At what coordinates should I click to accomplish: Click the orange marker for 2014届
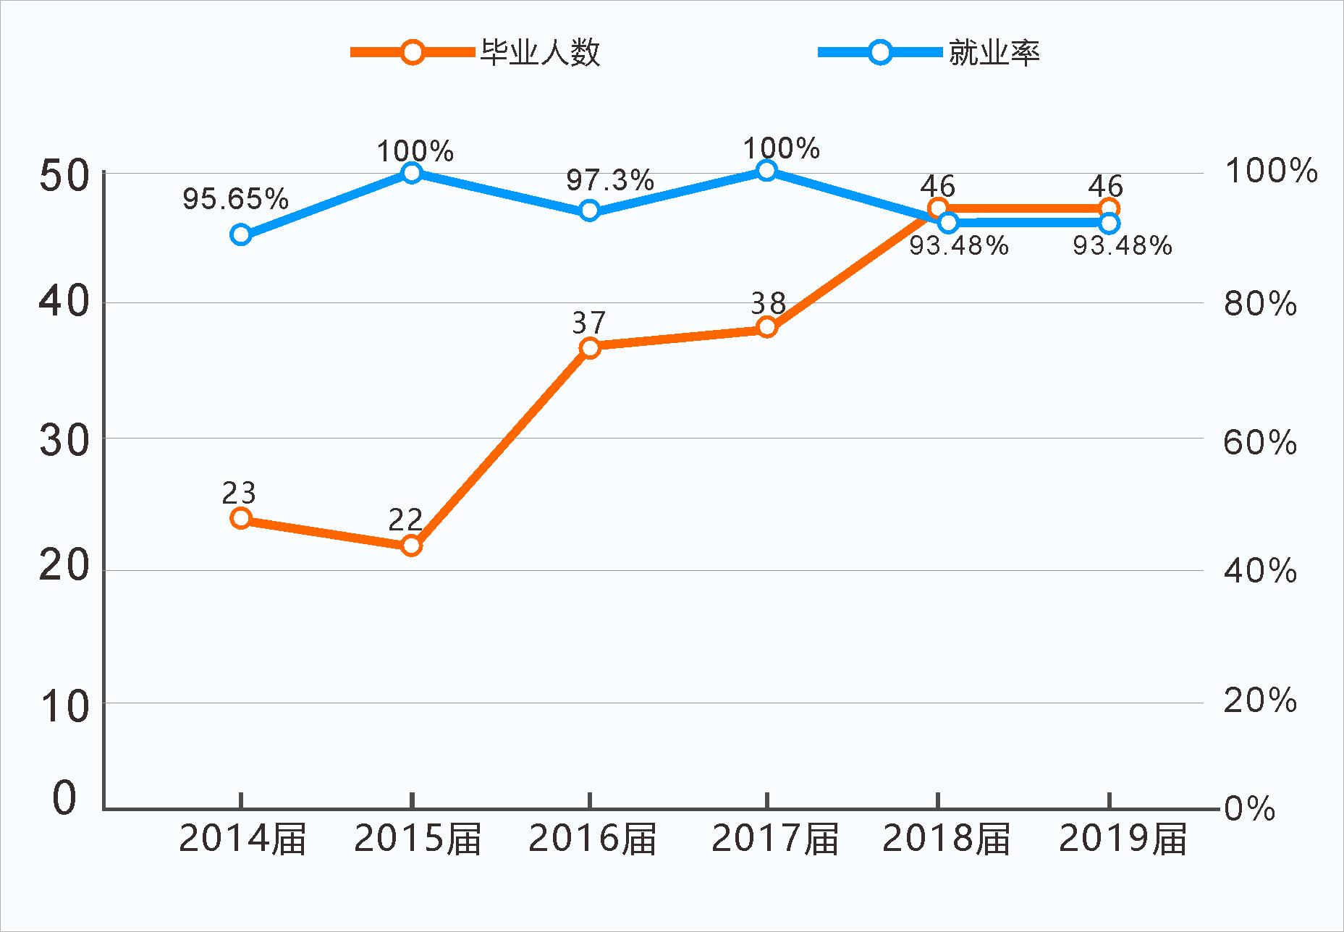pyautogui.click(x=241, y=518)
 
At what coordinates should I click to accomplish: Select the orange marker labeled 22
pyautogui.click(x=411, y=545)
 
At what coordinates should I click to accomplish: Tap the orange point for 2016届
pyautogui.click(x=590, y=347)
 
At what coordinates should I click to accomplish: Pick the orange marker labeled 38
pyautogui.click(x=767, y=327)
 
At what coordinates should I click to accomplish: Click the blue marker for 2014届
pyautogui.click(x=241, y=234)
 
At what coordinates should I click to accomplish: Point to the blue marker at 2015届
pyautogui.click(x=411, y=172)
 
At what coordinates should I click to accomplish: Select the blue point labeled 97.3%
pyautogui.click(x=590, y=211)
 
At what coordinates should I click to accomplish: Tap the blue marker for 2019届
pyautogui.click(x=1109, y=222)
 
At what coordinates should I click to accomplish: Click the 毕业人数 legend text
pyautogui.click(x=540, y=53)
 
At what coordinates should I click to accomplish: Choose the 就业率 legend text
pyautogui.click(x=994, y=53)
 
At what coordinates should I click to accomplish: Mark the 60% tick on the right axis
pyautogui.click(x=1260, y=442)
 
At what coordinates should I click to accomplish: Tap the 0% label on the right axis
pyautogui.click(x=1249, y=808)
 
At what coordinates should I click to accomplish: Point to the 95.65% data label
pyautogui.click(x=235, y=198)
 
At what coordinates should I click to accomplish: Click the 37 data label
pyautogui.click(x=588, y=323)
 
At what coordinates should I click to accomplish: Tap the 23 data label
pyautogui.click(x=239, y=493)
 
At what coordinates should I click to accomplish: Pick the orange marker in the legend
pyautogui.click(x=413, y=52)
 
